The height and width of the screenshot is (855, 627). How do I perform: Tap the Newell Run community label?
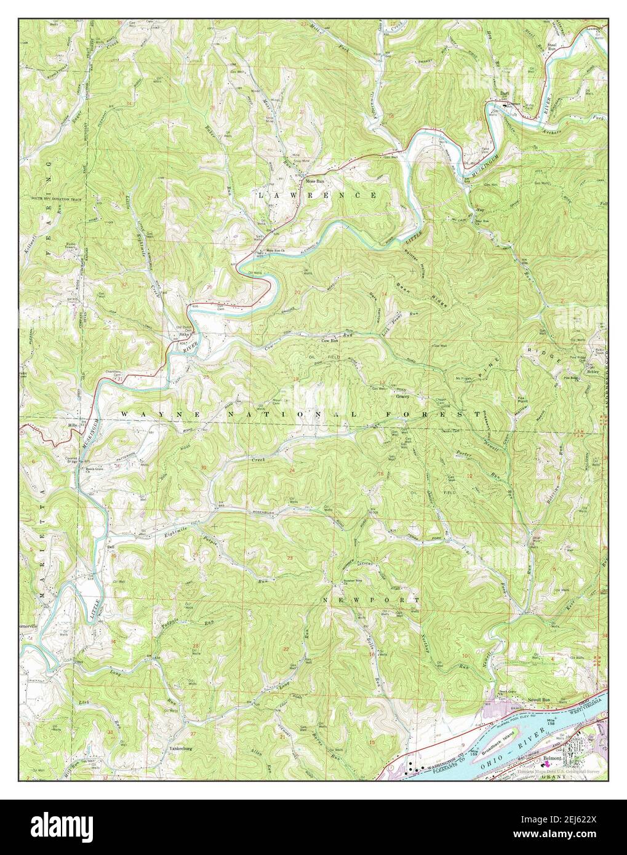point(537,699)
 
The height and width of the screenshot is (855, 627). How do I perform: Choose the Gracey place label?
point(402,396)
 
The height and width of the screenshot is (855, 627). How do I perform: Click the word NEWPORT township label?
point(372,599)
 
